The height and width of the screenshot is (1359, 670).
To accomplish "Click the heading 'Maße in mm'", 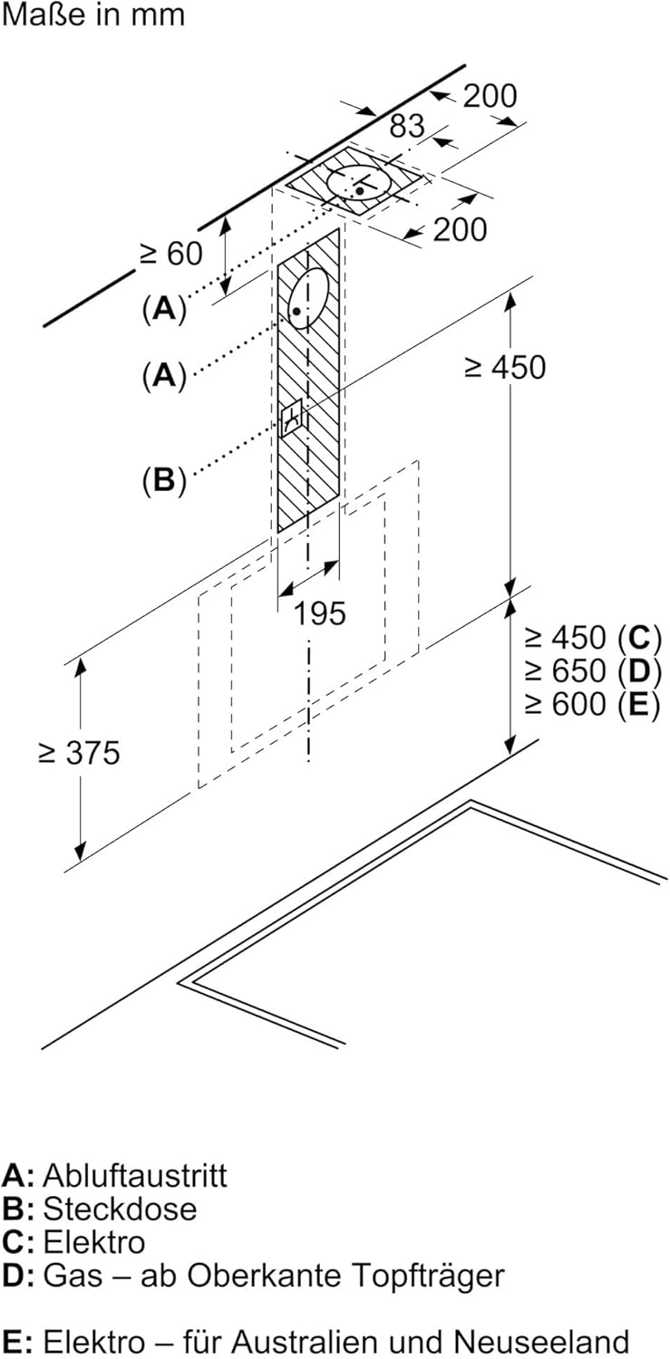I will tap(92, 15).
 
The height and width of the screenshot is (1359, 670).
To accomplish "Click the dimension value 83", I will tap(407, 126).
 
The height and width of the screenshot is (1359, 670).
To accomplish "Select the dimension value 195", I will tap(319, 613).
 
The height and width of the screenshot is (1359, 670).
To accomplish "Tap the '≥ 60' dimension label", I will tap(171, 254).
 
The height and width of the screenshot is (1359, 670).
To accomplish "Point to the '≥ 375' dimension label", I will tap(79, 752).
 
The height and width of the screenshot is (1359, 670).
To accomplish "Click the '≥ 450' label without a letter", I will tap(505, 367).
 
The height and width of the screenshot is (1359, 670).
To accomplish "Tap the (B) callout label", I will tap(164, 480).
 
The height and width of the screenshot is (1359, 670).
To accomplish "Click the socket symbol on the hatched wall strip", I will tap(292, 419).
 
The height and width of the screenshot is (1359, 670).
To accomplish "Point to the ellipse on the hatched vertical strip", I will tap(308, 299).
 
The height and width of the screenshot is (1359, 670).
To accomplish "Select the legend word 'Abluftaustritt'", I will tap(135, 1175).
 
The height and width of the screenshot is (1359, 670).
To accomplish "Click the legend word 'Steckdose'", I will tap(120, 1209).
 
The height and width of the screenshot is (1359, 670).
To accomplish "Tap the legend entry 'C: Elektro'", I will tap(73, 1241).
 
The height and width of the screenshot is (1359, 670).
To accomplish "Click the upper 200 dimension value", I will tap(490, 95).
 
